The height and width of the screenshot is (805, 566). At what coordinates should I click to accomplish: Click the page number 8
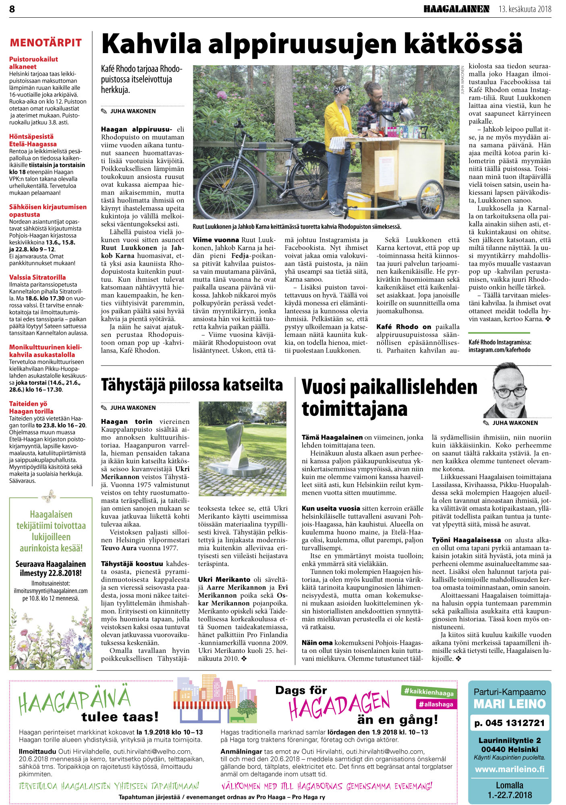pyautogui.click(x=12, y=9)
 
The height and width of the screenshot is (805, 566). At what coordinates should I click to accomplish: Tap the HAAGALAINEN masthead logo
pyautogui.click(x=456, y=9)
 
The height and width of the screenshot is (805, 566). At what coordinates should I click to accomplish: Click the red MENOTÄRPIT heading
pyautogui.click(x=46, y=43)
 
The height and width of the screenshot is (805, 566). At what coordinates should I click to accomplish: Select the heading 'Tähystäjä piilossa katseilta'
pyautogui.click(x=192, y=385)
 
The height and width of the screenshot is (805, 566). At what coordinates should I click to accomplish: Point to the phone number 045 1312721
pyautogui.click(x=510, y=723)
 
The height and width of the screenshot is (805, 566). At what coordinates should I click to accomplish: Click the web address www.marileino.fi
pyautogui.click(x=510, y=769)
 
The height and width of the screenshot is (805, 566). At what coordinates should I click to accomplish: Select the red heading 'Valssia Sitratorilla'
pyautogui.click(x=37, y=277)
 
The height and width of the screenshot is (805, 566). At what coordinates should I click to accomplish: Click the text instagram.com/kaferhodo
pyautogui.click(x=500, y=350)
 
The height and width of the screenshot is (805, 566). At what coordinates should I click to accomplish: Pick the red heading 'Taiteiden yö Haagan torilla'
pyautogui.click(x=31, y=407)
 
